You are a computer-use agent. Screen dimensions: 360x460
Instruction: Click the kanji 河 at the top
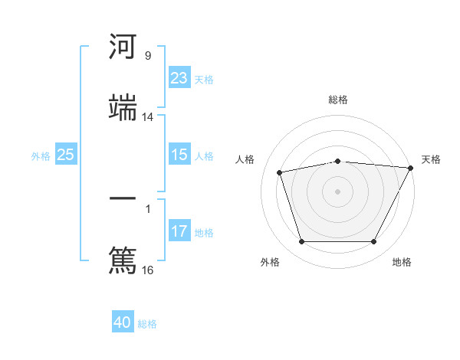coord(123,48)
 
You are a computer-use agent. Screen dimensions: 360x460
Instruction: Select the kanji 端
coord(123,108)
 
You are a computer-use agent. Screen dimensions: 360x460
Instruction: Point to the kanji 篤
coord(123,260)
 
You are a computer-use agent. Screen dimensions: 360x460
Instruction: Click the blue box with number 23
coord(179,78)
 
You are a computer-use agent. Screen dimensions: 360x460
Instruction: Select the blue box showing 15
coord(179,155)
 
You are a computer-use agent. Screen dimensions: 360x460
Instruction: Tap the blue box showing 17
coord(179,231)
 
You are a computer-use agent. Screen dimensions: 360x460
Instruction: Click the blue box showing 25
coord(65,155)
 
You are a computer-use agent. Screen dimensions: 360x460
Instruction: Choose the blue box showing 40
coord(123,322)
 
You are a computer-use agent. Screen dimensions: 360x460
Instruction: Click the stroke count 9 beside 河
coord(147,56)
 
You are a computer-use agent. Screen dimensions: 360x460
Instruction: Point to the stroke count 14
coord(148,117)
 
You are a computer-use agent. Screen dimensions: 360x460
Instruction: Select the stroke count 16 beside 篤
coord(148,270)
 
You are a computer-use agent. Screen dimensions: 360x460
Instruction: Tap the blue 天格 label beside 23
coord(204,79)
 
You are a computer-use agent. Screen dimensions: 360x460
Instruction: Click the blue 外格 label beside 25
coord(41,155)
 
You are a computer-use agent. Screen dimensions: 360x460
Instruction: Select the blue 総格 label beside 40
coord(147,324)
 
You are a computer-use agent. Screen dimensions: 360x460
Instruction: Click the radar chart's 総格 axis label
coord(337,100)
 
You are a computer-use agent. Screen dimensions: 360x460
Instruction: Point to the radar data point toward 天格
coord(411,168)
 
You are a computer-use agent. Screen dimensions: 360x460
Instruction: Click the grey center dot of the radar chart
coord(337,191)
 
